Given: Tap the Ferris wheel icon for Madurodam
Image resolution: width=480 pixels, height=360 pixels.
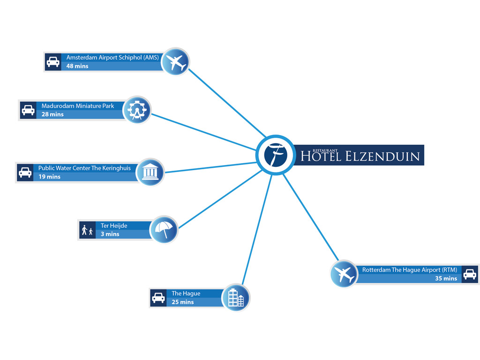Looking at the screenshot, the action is click(136, 110).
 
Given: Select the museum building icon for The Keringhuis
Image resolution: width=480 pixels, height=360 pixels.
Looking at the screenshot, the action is click(150, 172).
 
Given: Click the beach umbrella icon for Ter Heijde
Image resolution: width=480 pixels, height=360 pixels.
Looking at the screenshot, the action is click(164, 230).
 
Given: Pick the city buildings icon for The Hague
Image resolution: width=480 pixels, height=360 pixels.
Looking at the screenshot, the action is click(236, 298).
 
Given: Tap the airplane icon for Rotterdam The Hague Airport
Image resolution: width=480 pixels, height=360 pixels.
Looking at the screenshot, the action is click(344, 274).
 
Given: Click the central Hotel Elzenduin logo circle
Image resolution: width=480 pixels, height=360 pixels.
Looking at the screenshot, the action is click(276, 155).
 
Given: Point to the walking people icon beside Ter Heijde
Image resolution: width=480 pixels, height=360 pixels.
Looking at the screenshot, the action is click(87, 230).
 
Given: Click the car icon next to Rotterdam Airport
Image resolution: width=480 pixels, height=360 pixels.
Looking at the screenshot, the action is click(470, 274).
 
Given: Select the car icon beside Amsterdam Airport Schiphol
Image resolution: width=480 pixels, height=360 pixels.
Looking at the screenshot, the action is click(53, 62).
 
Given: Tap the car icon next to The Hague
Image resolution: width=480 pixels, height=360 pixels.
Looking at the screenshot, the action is click(158, 298).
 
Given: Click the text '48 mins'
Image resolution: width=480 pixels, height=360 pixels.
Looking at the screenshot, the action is click(77, 66).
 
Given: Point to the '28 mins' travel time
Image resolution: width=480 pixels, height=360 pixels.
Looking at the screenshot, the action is click(52, 114).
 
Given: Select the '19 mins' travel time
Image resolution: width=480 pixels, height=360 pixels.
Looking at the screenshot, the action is click(49, 177).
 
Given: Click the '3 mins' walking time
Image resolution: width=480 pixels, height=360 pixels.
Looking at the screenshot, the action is click(110, 234).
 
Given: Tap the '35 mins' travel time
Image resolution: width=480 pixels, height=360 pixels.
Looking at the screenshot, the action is click(446, 278).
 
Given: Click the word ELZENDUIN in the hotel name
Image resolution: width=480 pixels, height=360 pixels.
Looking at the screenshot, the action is click(382, 157).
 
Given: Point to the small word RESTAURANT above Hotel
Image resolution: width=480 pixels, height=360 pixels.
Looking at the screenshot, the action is click(325, 150).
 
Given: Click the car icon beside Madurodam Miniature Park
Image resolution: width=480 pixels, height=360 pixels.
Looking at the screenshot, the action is click(28, 110).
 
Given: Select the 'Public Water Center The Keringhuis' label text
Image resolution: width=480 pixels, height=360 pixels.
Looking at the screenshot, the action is click(84, 168).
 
